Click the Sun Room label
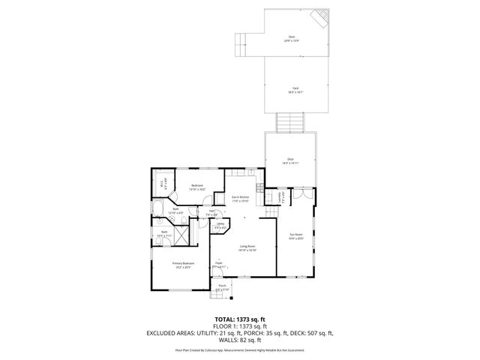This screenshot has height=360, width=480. tap(296, 235)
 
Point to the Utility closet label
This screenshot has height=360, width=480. tap(221, 224)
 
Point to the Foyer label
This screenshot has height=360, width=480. tap(219, 265)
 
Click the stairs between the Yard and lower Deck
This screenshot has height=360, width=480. tap(289, 121)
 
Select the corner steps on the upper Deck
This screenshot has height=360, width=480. tap(321, 18)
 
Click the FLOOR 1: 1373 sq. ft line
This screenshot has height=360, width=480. tap(239, 326)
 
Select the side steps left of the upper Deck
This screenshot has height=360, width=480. tap(241, 45)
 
